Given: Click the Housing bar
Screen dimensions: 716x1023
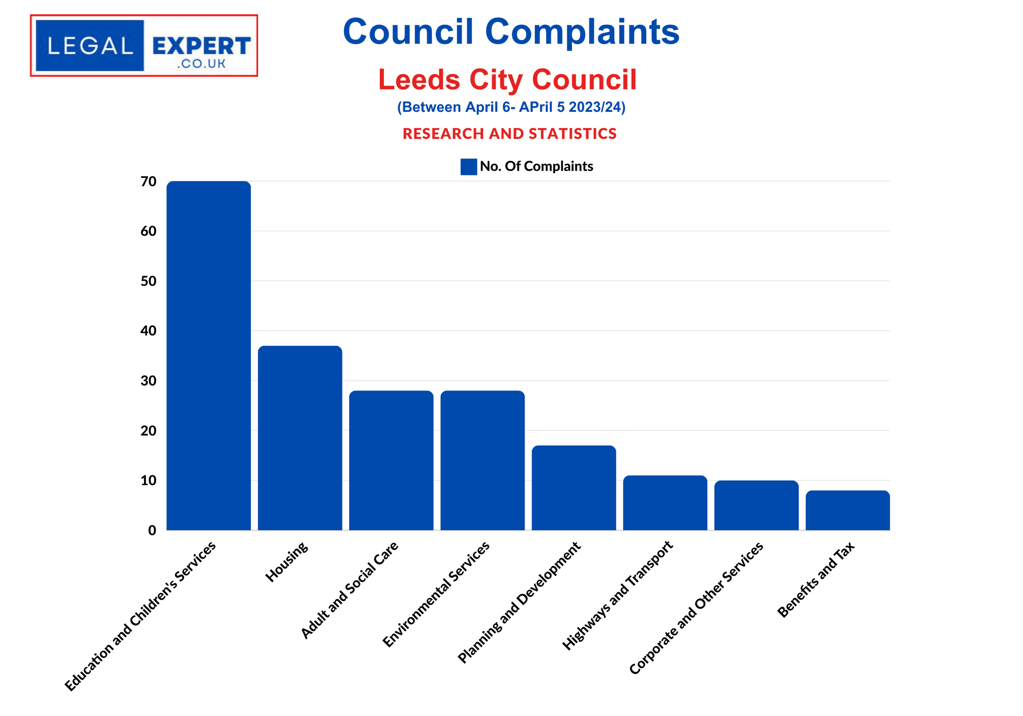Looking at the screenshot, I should click(300, 438).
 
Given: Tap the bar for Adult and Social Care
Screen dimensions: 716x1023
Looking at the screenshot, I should click(391, 460).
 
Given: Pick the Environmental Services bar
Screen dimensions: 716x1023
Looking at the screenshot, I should click(482, 460).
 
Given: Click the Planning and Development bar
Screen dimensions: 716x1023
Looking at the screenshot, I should click(574, 488).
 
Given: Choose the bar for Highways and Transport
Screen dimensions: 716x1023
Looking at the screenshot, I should click(665, 503).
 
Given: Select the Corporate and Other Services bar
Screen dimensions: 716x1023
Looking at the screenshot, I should click(756, 505).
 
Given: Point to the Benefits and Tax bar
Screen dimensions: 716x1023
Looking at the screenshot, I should click(847, 510).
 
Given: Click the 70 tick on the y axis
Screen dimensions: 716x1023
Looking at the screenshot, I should click(148, 181).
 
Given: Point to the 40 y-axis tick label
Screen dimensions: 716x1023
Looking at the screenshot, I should click(148, 331).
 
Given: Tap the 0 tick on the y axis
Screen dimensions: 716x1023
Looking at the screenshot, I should click(152, 530).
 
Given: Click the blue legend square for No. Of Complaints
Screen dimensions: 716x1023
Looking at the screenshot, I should click(468, 166).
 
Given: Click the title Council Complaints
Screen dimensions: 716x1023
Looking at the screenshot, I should click(511, 32).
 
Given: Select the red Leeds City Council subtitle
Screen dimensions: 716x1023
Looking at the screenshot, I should click(507, 79).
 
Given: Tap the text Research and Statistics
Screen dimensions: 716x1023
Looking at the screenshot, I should click(509, 134).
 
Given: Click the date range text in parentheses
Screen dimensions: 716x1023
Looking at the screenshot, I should click(511, 107).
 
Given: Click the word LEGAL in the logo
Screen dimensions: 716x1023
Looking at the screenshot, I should click(90, 46).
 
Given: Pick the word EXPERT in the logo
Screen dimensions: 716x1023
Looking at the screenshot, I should click(201, 46).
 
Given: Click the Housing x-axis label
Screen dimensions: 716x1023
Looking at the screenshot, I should click(287, 562).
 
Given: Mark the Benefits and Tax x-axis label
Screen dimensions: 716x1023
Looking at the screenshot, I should click(816, 579).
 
